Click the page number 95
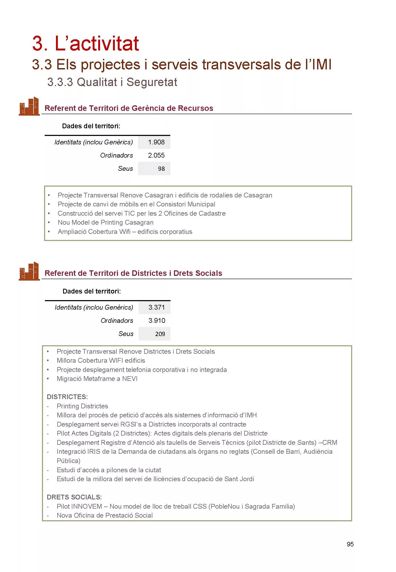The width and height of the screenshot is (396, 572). (350, 544)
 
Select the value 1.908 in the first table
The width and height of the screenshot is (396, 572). (156, 142)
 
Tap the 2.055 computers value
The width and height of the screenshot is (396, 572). (156, 155)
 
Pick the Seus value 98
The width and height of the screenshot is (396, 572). (161, 169)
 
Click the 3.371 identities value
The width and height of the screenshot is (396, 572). (157, 308)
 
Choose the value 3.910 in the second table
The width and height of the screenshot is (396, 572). (157, 321)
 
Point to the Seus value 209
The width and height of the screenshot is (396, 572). (160, 334)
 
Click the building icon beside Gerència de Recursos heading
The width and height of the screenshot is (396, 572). (29, 106)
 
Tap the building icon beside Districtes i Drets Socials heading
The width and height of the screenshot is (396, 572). (29, 271)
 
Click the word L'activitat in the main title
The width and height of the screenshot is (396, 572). (97, 44)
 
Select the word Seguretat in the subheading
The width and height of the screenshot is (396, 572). (152, 82)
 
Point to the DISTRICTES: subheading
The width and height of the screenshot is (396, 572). (67, 397)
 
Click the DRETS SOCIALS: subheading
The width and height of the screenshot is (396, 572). (74, 497)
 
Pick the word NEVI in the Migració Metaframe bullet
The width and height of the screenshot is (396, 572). (130, 379)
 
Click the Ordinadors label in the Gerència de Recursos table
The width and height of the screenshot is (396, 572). (116, 155)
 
